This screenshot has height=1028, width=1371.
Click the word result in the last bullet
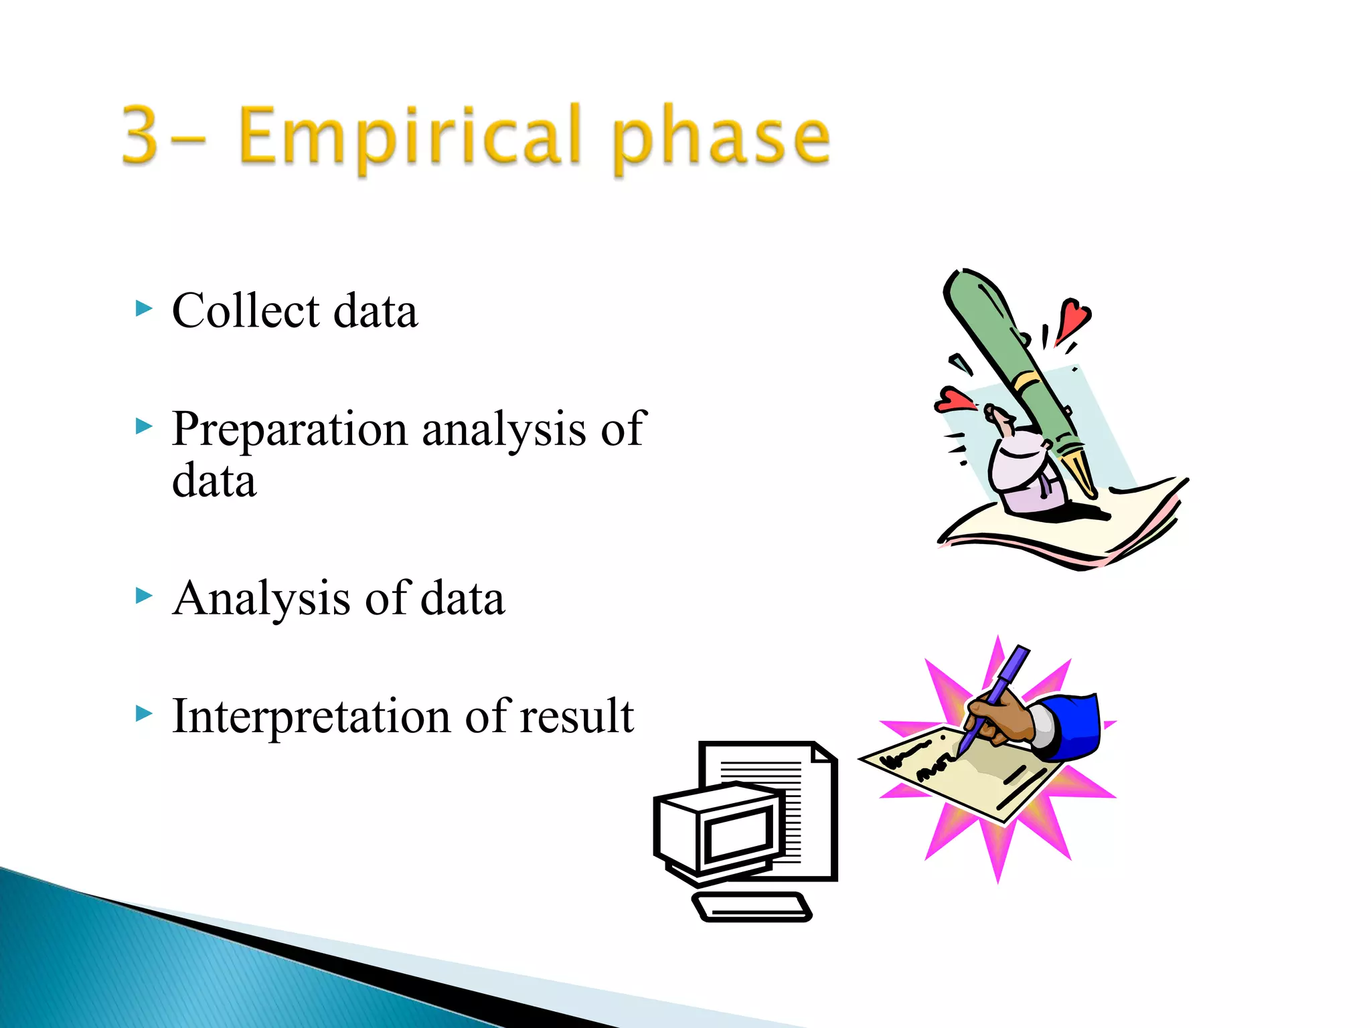576,716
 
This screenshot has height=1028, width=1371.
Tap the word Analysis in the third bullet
261,598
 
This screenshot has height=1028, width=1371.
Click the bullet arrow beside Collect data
144,309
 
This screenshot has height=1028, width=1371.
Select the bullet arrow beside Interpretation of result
144,713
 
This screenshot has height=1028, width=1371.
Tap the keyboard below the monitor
751,908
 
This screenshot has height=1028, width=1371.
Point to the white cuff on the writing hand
1043,726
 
